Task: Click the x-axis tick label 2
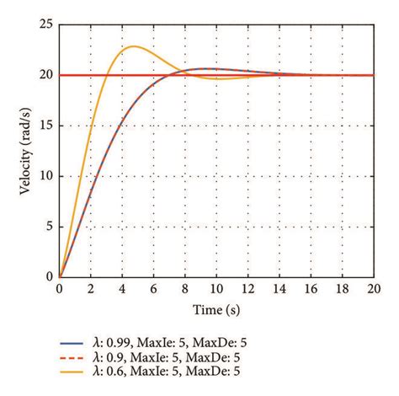pos(90,288)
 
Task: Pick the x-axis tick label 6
pos(153,288)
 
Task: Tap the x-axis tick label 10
pos(216,288)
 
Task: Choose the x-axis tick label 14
pos(279,288)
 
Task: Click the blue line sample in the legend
pos(75,343)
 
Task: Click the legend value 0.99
pos(120,343)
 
